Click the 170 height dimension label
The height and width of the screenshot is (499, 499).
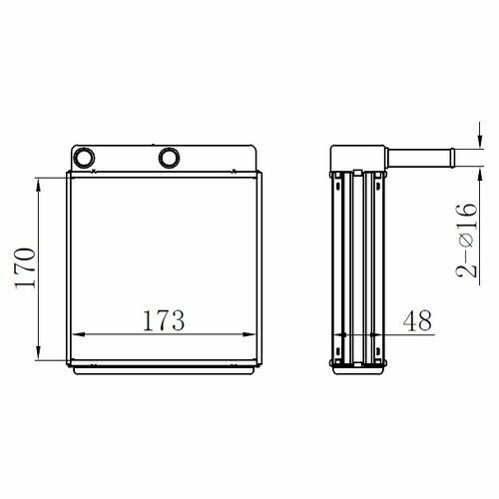pyautogui.click(x=25, y=267)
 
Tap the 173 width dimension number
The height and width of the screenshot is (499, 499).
pyautogui.click(x=164, y=320)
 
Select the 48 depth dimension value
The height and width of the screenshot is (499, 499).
pyautogui.click(x=417, y=320)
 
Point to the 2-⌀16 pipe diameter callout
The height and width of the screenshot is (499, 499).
pyautogui.click(x=466, y=241)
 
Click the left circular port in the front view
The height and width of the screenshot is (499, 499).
pyautogui.click(x=84, y=158)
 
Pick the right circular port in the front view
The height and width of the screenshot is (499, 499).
pyautogui.click(x=170, y=158)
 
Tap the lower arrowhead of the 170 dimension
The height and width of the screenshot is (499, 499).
pyautogui.click(x=38, y=352)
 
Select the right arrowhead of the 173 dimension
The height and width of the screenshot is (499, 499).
pyautogui.click(x=249, y=334)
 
